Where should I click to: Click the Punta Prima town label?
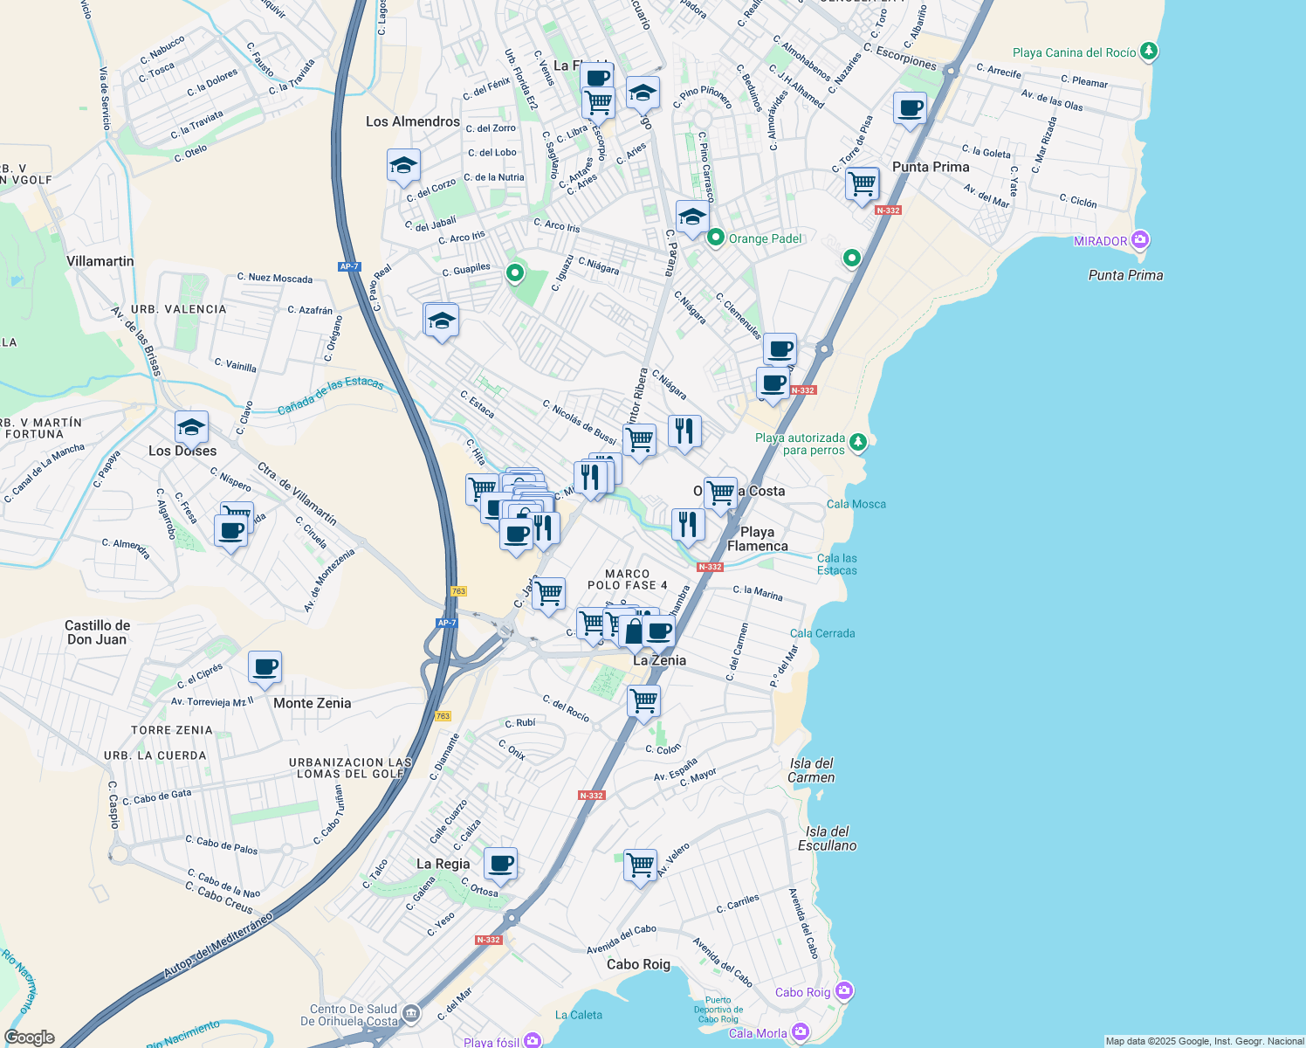[931, 167]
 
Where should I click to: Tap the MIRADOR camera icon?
[1139, 240]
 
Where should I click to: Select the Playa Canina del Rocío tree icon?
[1149, 52]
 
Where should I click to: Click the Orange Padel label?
[765, 238]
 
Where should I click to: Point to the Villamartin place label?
[100, 261]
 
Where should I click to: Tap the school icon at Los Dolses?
[191, 427]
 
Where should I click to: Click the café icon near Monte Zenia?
[265, 668]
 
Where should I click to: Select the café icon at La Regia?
[500, 864]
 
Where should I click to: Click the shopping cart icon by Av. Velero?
[640, 865]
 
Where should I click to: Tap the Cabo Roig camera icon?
[843, 991]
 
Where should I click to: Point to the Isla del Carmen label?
[811, 770]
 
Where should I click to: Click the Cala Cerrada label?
[821, 633]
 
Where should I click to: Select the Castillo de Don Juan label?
[97, 632]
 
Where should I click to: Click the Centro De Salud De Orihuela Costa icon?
[411, 1014]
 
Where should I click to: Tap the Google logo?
[30, 1038]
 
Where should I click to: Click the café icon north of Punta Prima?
[910, 109]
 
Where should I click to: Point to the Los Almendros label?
[412, 121]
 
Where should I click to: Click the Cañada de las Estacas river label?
[330, 396]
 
